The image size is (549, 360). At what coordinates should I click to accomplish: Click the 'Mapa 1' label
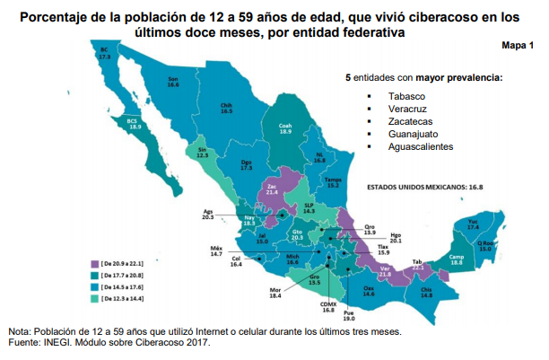518,46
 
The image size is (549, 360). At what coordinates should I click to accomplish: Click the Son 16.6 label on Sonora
173,82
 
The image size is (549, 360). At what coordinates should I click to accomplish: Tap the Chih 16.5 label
227,108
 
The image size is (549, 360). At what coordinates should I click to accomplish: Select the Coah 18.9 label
286,128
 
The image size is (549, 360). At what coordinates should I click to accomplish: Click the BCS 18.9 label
135,124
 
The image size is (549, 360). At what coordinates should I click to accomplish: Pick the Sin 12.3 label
203,152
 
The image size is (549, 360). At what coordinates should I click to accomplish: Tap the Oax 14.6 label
369,291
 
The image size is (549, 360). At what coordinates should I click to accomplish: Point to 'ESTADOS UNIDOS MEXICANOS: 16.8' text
426,188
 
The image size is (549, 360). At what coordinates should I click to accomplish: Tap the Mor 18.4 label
275,292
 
